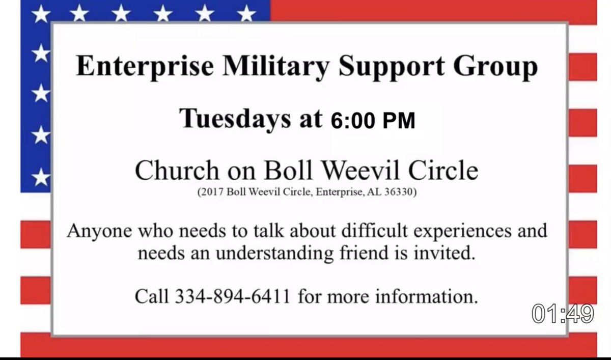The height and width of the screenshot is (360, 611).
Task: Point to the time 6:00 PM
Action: pyautogui.click(x=373, y=121)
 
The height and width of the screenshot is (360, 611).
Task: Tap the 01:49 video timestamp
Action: pyautogui.click(x=563, y=314)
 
